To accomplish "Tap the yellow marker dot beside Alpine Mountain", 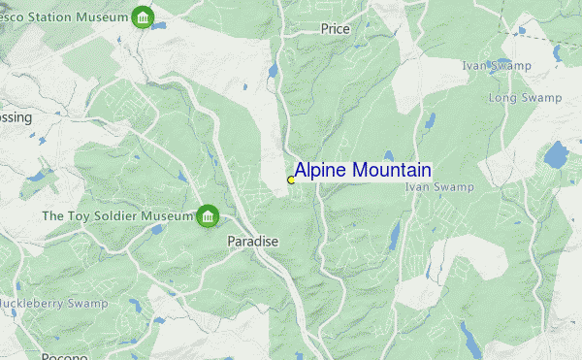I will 291,180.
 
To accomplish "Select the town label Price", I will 335,29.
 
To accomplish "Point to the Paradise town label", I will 253,241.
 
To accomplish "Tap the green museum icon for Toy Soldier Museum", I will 208,215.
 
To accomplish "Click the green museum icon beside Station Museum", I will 143,17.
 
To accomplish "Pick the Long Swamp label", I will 525,98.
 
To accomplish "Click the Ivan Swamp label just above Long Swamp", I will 497,65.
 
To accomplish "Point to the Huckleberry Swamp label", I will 52,304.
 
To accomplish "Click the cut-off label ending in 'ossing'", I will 16,117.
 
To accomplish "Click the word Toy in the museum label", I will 52,215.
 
